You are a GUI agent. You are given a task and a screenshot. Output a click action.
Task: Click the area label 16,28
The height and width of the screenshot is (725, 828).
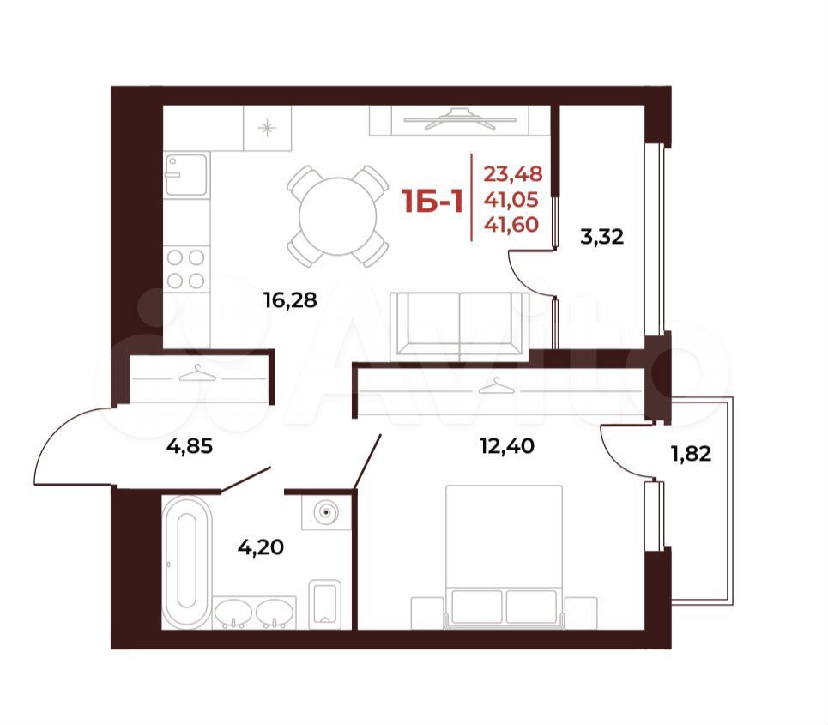(x=290, y=300)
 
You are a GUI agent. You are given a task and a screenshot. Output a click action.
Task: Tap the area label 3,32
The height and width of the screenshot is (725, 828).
(x=602, y=237)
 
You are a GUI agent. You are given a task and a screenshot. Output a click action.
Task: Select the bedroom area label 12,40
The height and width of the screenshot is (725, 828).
(x=507, y=446)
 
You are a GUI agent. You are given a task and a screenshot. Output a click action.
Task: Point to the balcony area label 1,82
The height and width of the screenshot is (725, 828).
(x=691, y=454)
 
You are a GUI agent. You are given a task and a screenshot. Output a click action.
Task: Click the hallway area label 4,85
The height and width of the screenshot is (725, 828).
(x=190, y=447)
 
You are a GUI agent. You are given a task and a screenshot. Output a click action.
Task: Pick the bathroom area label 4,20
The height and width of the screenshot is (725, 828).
(x=260, y=547)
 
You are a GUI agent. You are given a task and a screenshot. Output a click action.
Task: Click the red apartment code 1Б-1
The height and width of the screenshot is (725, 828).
(x=432, y=202)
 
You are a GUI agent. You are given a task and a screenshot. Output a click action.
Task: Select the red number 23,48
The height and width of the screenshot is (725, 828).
(x=513, y=173)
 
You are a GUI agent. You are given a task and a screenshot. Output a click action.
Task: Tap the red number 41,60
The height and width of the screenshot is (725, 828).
(x=511, y=225)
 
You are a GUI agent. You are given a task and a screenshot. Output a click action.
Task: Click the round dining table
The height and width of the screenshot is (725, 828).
(x=338, y=216)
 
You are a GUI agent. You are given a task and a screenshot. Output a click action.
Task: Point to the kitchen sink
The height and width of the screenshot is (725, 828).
(x=186, y=175)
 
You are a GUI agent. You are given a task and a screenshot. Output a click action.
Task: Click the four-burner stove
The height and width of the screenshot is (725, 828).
(x=186, y=269)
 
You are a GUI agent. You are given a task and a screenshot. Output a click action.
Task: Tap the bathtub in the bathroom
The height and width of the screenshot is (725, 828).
(x=187, y=562)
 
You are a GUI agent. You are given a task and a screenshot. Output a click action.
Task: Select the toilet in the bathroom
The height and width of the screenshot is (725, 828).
(x=324, y=602)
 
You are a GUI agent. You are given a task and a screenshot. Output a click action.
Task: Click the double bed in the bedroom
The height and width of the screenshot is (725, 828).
(x=505, y=557)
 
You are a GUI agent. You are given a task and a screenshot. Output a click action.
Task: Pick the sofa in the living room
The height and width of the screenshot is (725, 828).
(x=459, y=326)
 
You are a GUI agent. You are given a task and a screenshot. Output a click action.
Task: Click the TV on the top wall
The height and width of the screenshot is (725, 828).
(x=458, y=118)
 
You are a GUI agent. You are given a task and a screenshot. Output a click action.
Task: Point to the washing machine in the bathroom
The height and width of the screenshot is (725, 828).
(x=326, y=512)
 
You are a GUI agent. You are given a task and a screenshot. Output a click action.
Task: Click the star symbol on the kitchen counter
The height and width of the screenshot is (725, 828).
(x=267, y=128)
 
